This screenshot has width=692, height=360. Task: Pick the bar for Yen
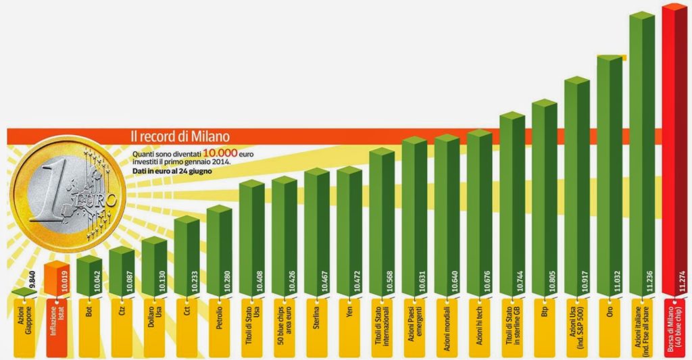[x=349, y=230]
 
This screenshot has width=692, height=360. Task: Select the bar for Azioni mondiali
[x=446, y=216]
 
